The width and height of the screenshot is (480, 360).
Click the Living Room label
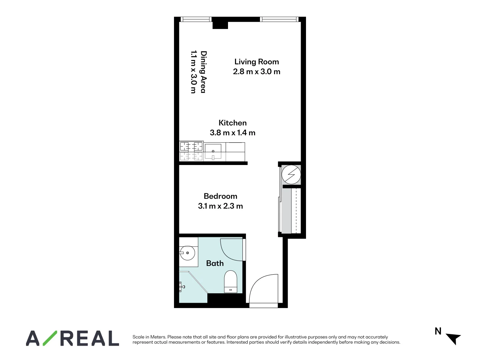(256, 62)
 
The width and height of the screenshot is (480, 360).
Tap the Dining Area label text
(203, 72)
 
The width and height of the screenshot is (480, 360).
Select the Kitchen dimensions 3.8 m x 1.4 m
(232, 133)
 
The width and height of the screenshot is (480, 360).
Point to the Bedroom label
(220, 196)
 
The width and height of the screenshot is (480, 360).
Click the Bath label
(215, 263)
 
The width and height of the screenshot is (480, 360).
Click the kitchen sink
(213, 152)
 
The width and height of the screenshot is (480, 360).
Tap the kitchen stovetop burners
(191, 151)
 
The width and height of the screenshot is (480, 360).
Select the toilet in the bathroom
(231, 282)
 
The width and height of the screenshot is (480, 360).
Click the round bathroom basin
(187, 253)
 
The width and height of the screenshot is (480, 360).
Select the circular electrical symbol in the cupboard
(291, 174)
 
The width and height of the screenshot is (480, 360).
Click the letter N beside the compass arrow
(438, 331)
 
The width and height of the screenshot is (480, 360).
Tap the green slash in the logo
(50, 338)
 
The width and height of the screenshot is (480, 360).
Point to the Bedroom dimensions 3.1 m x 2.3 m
(220, 206)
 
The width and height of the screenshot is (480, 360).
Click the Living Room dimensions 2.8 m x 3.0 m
(256, 72)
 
